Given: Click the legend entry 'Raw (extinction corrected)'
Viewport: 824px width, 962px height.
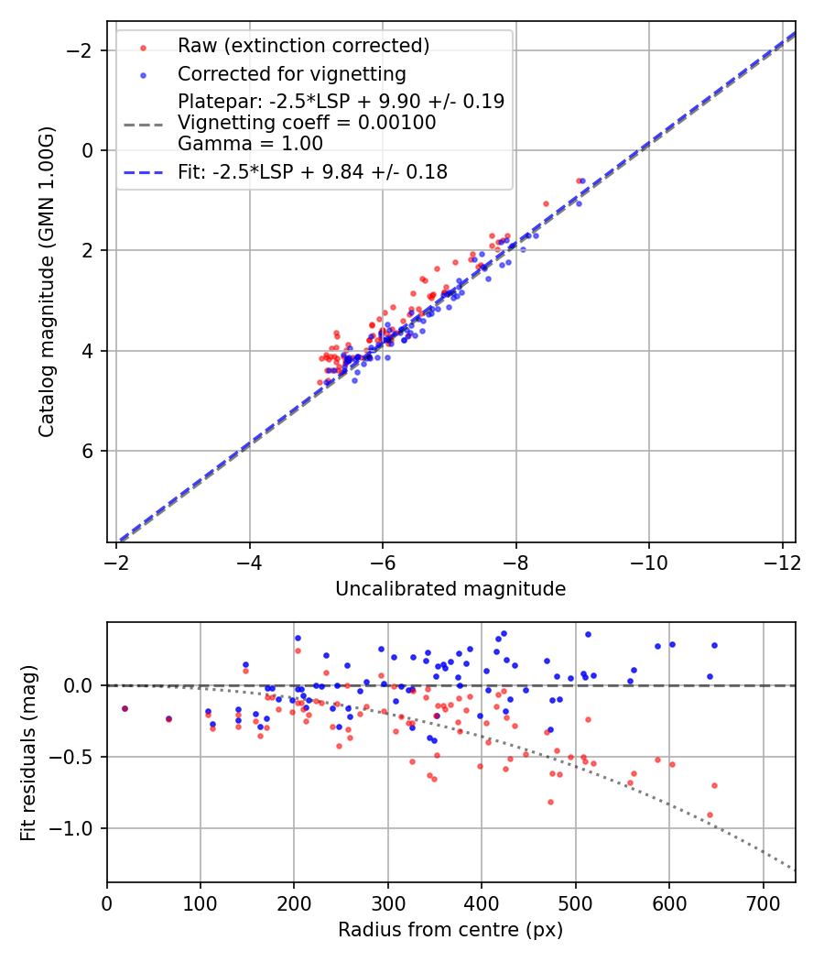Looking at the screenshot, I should click(303, 46).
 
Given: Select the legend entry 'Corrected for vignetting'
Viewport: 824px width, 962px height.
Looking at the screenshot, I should click(291, 73).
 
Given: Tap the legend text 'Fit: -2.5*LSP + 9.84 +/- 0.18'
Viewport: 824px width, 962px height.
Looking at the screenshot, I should click(312, 172).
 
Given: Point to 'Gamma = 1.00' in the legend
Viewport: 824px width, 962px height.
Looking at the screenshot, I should click(250, 143).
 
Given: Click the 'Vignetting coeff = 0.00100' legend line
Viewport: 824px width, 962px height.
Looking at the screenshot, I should click(307, 122).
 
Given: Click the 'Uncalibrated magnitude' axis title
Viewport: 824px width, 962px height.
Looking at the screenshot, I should click(450, 589).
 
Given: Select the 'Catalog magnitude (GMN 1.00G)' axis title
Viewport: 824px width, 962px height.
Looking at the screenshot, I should click(47, 282).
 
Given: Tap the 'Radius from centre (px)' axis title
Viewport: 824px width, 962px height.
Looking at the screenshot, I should click(450, 930).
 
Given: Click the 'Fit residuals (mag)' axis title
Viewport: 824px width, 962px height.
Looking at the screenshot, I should click(28, 752).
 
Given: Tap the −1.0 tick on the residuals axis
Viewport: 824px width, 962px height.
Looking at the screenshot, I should click(78, 828).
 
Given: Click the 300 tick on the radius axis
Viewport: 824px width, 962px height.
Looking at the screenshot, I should click(388, 902).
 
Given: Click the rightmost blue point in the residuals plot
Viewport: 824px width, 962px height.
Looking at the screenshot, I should click(714, 645).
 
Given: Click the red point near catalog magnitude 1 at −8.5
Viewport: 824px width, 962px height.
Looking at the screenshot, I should click(546, 203).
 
